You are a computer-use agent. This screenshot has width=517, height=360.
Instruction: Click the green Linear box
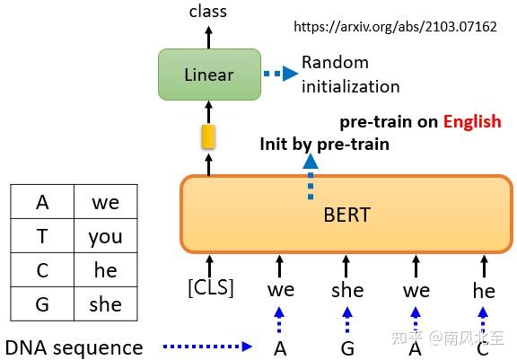pos(208,75)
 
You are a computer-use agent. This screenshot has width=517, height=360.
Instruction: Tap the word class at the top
pos(208,12)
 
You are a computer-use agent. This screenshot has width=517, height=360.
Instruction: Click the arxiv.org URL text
pos(395,27)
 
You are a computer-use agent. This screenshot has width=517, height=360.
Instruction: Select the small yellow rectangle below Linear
pos(208,136)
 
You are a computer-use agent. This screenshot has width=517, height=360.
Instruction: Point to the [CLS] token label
pos(209,289)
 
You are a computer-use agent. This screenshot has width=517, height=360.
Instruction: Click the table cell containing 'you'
pos(105,237)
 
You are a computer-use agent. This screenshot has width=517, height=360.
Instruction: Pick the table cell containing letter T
pos(42,237)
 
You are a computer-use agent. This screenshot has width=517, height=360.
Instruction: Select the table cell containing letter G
pos(42,303)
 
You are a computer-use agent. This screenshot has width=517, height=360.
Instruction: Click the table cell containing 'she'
pos(105,303)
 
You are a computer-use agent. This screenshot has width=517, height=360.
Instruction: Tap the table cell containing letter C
pos(42,270)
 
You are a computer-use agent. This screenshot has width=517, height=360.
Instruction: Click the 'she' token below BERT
pos(347,289)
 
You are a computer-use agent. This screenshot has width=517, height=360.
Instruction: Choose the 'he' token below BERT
pos(484,289)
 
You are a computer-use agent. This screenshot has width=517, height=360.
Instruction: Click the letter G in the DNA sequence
pos(347,347)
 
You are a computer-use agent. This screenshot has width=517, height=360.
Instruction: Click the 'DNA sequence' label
pos(74,347)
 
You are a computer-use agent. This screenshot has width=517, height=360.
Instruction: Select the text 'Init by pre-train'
pos(324,143)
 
